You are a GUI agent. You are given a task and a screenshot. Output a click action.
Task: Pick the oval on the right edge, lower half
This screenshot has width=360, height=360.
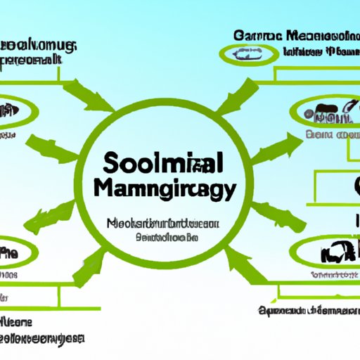[327, 250]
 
